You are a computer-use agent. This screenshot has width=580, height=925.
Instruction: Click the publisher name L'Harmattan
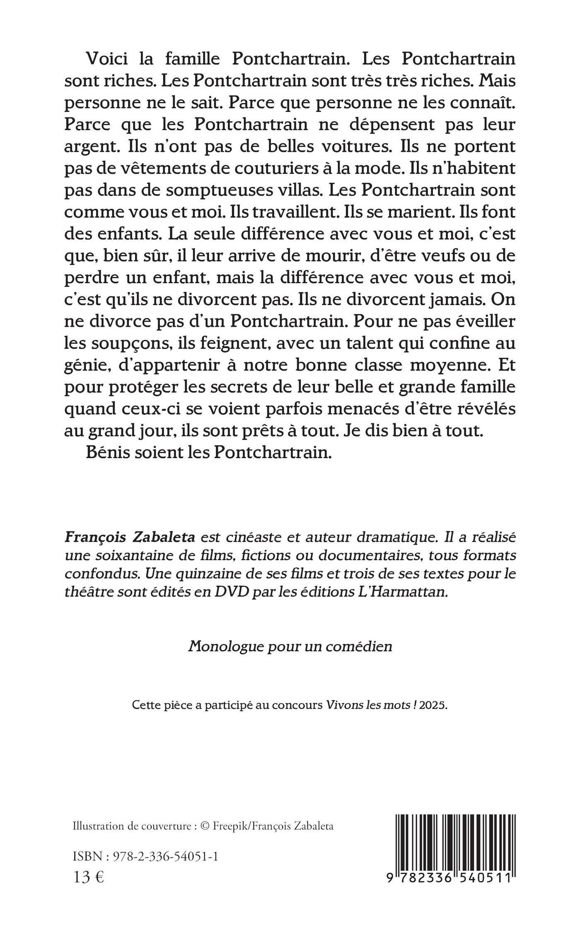tap(401, 592)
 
